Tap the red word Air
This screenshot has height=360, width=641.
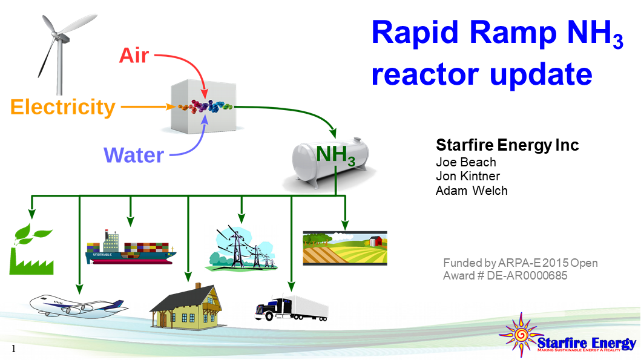click(x=134, y=55)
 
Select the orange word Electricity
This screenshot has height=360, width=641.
click(x=63, y=107)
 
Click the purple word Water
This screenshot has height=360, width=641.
click(x=133, y=155)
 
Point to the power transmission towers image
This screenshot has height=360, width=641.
click(x=242, y=248)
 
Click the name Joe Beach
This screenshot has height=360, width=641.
click(x=465, y=162)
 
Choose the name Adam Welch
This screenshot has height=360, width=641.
click(x=472, y=191)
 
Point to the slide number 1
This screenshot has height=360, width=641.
click(x=13, y=349)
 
